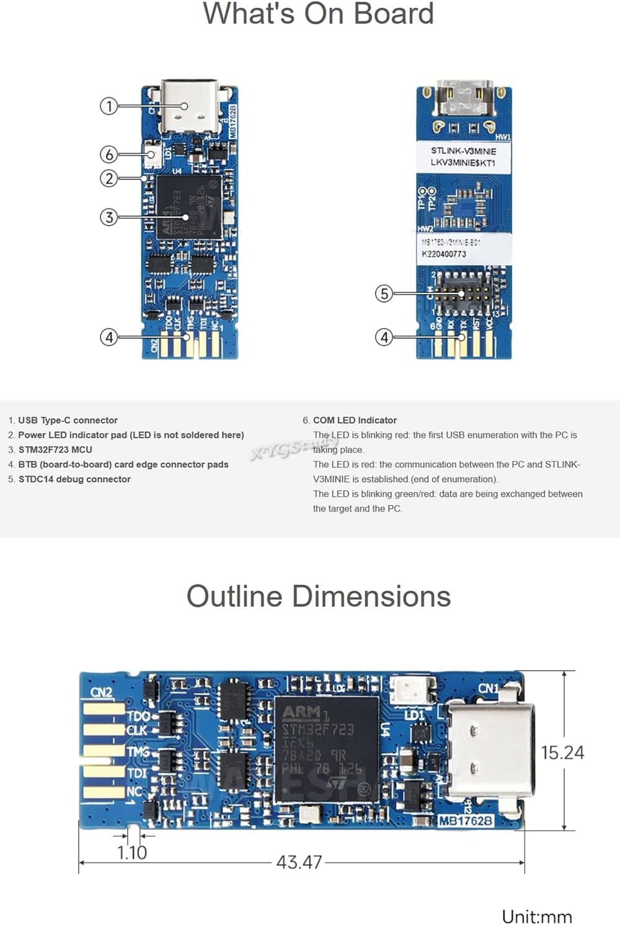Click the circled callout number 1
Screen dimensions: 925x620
pos(108,106)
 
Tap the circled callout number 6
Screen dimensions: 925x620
pos(108,154)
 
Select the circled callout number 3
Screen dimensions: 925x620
pos(108,217)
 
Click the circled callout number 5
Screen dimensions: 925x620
pos(384,293)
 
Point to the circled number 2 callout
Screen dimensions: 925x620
pos(108,179)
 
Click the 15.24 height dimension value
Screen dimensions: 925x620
pos(562,753)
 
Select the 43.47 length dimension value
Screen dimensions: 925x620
pos(299,862)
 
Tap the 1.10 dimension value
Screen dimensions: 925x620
pos(132,852)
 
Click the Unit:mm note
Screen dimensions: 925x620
pos(536,916)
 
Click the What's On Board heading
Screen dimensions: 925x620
pos(318,14)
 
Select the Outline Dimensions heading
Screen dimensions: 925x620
pos(318,596)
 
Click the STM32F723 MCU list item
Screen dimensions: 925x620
pos(55,450)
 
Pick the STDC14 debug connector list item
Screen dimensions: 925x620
pos(74,479)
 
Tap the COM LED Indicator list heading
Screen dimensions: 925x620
pos(354,420)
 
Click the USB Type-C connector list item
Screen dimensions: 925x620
pos(67,420)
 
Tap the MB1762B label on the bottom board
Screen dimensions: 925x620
pos(466,821)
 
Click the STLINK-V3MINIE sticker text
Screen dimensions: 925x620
pos(463,151)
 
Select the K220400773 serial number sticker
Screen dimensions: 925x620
pos(444,254)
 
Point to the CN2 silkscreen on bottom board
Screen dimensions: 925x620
pos(101,692)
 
